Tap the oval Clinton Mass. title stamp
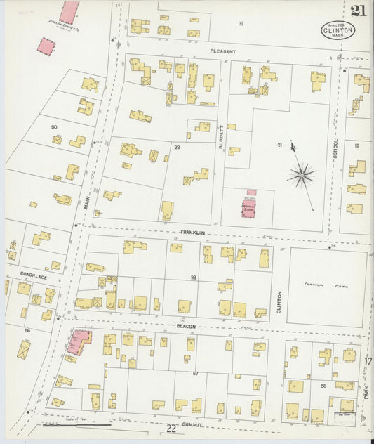point(338,30)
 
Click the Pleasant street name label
point(223,52)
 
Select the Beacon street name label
point(186,327)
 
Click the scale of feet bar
point(77,424)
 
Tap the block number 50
point(53,126)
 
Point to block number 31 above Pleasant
point(241,24)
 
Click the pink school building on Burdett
point(249,207)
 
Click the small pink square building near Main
point(46,46)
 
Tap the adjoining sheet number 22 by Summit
point(171,429)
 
